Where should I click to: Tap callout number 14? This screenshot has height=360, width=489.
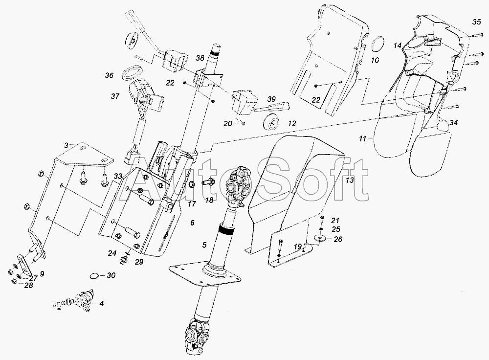pyautogui.click(x=398, y=45)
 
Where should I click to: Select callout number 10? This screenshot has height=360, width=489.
pyautogui.click(x=375, y=61)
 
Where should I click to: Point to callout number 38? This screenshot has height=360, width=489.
pyautogui.click(x=199, y=58)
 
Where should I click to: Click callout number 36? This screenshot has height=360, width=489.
pyautogui.click(x=109, y=76)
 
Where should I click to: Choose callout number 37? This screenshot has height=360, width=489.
pyautogui.click(x=115, y=97)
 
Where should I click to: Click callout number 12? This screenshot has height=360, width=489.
pyautogui.click(x=291, y=124)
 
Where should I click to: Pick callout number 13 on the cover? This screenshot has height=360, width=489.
pyautogui.click(x=349, y=180)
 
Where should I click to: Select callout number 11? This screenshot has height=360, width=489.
pyautogui.click(x=362, y=139)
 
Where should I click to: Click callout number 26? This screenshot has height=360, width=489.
pyautogui.click(x=338, y=239)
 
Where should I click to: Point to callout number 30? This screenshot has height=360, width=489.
pyautogui.click(x=111, y=275)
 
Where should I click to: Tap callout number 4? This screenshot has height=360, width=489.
pyautogui.click(x=101, y=304)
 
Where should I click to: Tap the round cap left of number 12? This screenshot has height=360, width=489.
pyautogui.click(x=269, y=122)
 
